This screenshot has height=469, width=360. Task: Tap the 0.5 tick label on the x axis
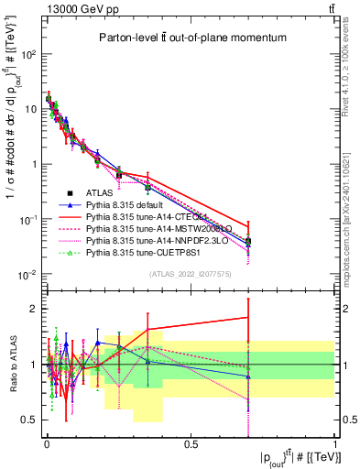[191, 444]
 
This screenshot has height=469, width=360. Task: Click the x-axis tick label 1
[335, 444]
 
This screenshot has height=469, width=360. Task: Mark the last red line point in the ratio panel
[248, 318]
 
